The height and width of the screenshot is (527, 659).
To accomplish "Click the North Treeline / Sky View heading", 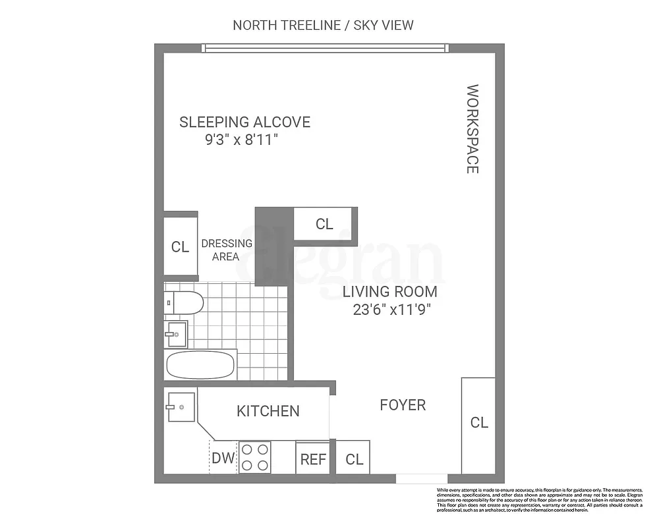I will coord(323,26).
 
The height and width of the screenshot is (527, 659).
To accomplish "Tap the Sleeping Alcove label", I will coord(245,122).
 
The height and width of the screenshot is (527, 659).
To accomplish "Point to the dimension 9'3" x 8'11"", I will coord(245,140).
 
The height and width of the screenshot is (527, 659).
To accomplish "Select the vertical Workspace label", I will coord(472,128).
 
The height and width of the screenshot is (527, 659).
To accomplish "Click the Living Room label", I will coord(388,291).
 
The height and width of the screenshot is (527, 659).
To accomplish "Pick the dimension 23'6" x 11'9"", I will coord(388,308).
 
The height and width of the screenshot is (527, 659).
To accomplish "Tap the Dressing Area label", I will coord(226,250).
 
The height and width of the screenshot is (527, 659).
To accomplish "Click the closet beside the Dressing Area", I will coord(180,246).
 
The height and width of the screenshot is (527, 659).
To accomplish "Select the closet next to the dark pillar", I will coord(324,224).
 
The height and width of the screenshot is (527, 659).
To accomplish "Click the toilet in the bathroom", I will coord(184,303).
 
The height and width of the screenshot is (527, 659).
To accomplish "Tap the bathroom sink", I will coord(176,334).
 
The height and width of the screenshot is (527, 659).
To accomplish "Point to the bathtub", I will coord(200,364).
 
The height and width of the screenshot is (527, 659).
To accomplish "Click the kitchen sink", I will coord(180,407).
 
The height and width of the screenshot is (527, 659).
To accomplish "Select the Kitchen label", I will coord(268,411).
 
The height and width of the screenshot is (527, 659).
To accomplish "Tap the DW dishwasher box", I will coord(223,458).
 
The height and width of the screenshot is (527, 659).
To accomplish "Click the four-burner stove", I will coord(255,457).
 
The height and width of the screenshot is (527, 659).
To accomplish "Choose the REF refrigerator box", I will coord(313,458).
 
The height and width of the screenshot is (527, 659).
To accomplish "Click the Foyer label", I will coord(403,404).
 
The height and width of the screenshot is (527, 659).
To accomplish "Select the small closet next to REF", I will coord(354,458).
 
